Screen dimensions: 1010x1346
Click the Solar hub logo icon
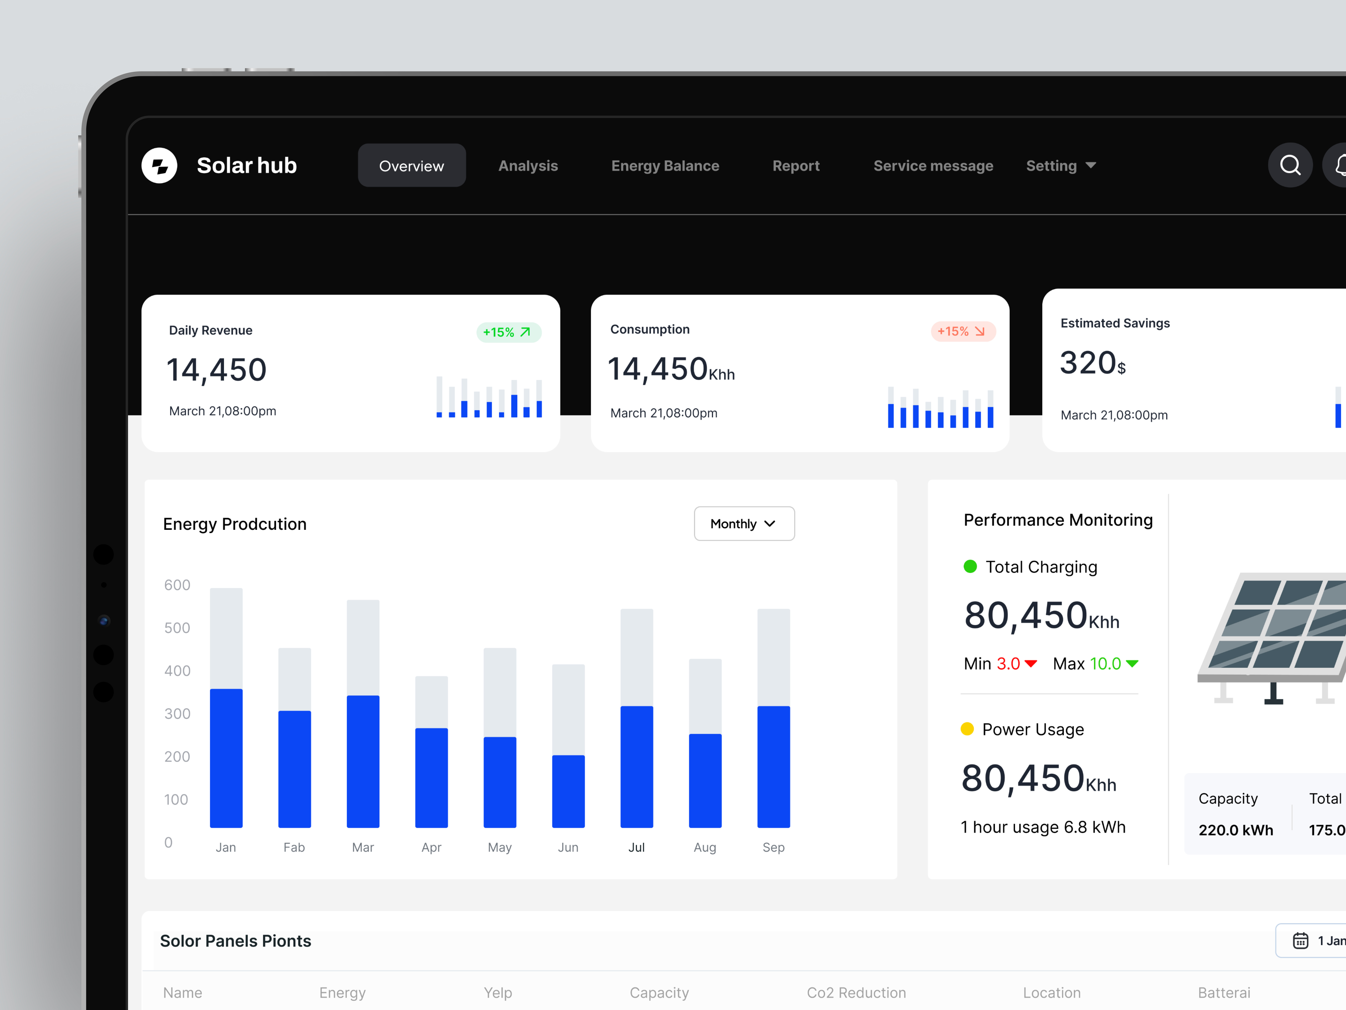(159, 166)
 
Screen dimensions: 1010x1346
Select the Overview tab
(411, 166)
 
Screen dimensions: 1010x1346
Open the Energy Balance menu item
(665, 166)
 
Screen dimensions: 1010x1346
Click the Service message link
(933, 166)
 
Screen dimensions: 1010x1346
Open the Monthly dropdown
(744, 524)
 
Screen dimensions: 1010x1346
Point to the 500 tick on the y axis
(177, 628)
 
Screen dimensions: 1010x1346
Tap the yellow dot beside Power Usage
(967, 729)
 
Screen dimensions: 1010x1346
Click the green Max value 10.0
(1105, 664)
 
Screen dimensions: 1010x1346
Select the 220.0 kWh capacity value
(1235, 830)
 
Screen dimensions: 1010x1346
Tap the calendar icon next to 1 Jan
(1300, 941)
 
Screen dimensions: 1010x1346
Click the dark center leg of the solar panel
(1273, 694)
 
